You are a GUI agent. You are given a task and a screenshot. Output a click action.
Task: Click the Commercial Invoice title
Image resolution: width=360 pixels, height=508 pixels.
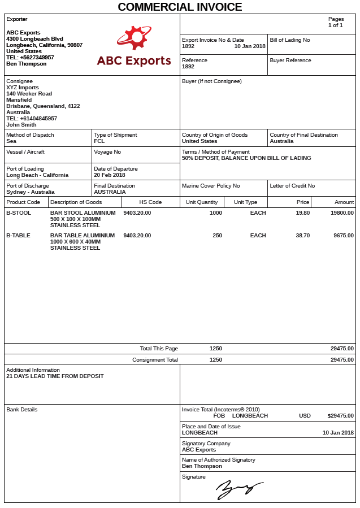(x=180, y=7)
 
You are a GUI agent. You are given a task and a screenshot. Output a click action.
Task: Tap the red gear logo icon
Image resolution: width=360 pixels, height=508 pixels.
(x=134, y=38)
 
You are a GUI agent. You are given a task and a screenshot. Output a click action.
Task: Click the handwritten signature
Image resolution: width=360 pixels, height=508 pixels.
(x=239, y=489)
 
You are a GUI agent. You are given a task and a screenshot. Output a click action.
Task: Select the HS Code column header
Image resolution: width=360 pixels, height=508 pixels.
(x=150, y=202)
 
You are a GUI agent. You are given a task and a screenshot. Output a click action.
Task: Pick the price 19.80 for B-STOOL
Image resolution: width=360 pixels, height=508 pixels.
(x=303, y=213)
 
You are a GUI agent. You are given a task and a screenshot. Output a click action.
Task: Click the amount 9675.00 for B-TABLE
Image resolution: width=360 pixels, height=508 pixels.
(x=343, y=236)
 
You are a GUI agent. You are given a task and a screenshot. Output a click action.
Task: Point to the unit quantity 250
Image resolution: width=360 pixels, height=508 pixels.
(x=217, y=236)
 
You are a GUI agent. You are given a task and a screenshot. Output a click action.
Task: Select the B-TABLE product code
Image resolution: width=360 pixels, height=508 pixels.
(x=18, y=236)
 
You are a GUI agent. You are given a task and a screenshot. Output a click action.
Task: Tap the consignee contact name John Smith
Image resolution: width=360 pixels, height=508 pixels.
(x=21, y=125)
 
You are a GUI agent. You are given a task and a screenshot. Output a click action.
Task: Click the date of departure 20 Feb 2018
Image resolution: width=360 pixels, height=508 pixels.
(x=110, y=175)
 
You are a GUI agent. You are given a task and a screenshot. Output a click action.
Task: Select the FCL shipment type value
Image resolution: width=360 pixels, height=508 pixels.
(x=99, y=141)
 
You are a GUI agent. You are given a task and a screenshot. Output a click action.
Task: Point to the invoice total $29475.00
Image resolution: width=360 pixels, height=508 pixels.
(x=340, y=416)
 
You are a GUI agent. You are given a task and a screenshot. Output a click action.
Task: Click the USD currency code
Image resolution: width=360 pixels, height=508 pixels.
(x=305, y=416)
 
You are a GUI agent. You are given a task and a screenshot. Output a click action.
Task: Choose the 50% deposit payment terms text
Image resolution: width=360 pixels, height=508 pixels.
(x=246, y=158)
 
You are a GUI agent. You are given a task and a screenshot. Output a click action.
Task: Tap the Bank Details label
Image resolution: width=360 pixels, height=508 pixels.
(x=21, y=410)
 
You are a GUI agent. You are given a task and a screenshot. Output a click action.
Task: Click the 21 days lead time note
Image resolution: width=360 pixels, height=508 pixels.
(x=55, y=376)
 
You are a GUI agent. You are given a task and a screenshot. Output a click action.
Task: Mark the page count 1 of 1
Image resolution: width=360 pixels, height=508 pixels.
(x=335, y=25)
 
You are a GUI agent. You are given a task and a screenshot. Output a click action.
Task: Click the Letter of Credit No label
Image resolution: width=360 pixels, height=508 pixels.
(x=292, y=186)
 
